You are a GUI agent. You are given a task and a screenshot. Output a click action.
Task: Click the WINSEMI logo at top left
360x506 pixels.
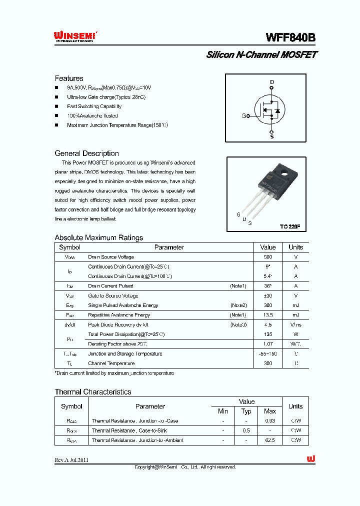click(75, 36)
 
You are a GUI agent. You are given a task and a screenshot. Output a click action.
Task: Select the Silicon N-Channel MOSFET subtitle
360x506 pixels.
click(261, 55)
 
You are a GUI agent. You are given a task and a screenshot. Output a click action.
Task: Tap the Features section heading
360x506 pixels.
click(69, 78)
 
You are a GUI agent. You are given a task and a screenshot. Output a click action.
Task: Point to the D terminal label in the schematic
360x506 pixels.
click(272, 82)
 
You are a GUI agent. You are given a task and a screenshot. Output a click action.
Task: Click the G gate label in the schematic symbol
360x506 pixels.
click(244, 116)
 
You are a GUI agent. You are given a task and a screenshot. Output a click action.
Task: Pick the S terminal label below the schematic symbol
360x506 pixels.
click(272, 136)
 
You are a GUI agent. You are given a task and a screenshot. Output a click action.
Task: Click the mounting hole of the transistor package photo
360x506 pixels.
click(283, 175)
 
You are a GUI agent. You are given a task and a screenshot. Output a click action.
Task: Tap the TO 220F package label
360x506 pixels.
click(290, 226)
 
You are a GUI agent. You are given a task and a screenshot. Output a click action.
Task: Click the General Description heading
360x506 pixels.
click(86, 153)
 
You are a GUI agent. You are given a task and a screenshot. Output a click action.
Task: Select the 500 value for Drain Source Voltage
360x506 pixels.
click(268, 257)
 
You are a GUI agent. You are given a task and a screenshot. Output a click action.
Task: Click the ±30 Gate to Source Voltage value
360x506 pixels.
click(268, 295)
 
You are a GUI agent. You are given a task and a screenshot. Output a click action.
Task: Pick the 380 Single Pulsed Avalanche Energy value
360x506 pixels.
click(268, 305)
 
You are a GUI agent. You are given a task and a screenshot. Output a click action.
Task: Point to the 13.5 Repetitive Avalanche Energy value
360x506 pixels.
click(268, 315)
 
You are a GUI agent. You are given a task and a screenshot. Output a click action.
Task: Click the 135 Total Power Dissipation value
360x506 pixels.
click(268, 334)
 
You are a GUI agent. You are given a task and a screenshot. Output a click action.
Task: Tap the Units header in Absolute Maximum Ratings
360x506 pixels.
click(295, 247)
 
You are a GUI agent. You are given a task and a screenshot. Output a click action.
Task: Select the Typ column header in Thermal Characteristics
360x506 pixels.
click(246, 411)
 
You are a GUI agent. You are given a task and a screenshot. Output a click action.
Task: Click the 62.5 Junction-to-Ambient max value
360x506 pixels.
click(270, 440)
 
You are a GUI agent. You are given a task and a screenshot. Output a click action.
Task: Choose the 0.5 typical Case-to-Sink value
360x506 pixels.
click(246, 430)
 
